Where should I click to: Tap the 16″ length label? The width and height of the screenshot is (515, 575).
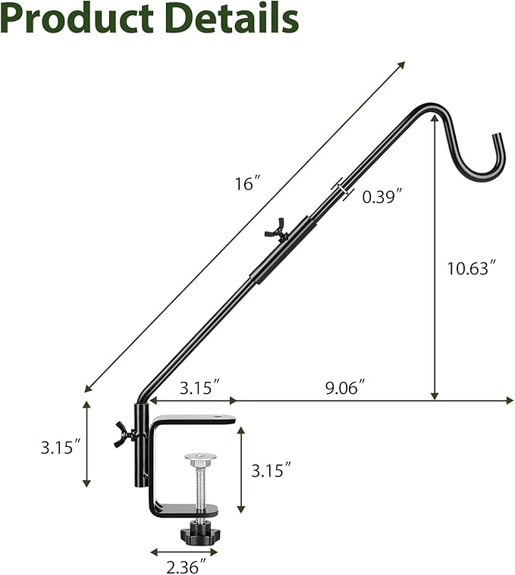tap(248, 183)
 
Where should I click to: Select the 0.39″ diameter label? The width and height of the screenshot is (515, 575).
tap(382, 196)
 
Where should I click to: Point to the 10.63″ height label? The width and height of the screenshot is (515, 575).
tap(471, 267)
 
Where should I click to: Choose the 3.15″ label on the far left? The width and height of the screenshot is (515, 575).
tap(61, 447)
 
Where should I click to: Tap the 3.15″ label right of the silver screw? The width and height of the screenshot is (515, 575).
tap(272, 470)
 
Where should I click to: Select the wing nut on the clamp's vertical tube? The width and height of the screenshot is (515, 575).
tap(124, 436)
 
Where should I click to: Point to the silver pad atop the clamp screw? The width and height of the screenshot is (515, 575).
tap(198, 459)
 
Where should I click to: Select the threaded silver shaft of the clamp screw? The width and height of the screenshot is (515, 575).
tap(198, 485)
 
